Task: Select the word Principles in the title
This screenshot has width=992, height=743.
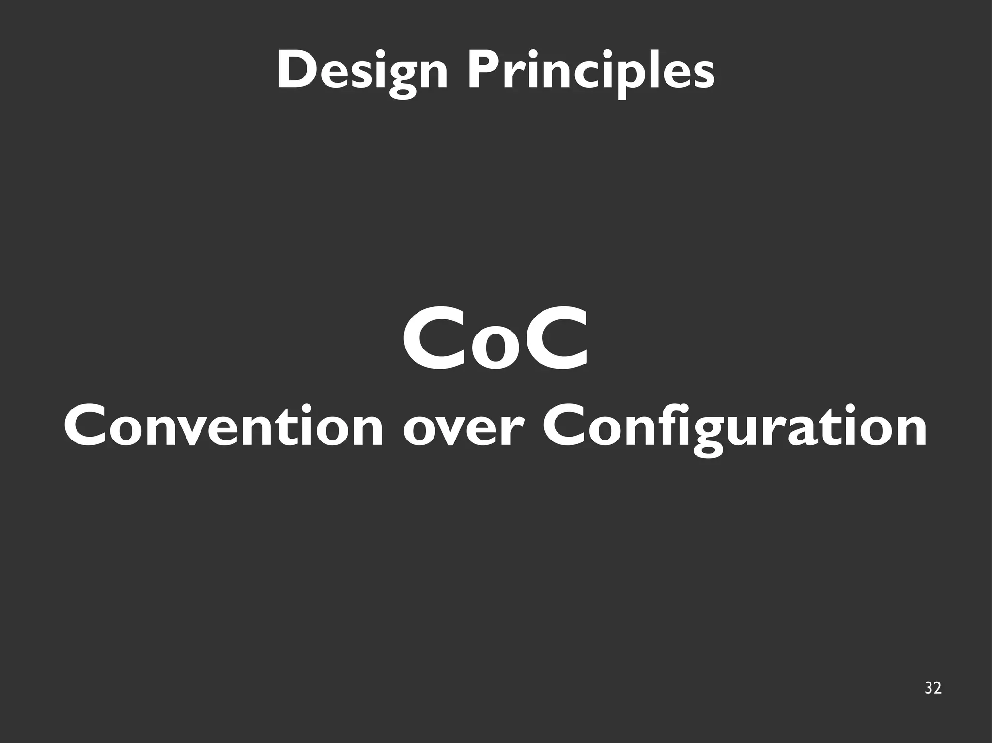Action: click(590, 72)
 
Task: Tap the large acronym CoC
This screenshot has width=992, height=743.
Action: click(496, 339)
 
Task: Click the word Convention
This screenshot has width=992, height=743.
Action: click(223, 426)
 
